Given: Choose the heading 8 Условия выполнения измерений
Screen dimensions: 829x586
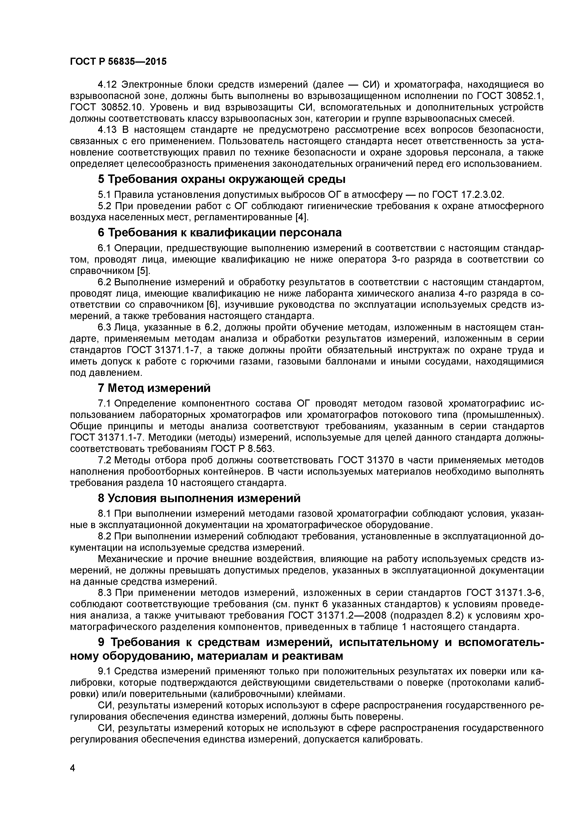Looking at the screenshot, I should [199, 498].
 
